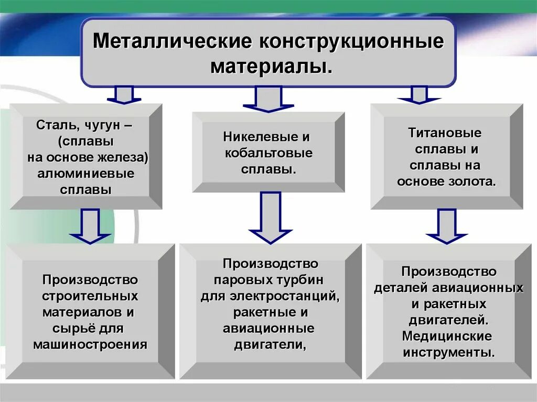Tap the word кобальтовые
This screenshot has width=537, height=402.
(x=268, y=154)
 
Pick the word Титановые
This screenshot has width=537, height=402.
(x=445, y=133)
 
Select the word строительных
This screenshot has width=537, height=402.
(x=90, y=296)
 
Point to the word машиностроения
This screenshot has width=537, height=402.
(x=90, y=344)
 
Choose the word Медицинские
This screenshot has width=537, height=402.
(x=447, y=335)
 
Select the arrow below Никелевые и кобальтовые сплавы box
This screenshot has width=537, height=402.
(x=270, y=218)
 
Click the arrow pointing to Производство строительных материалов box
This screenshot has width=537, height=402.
(x=90, y=226)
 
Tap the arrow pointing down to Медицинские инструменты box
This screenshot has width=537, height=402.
(x=446, y=226)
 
